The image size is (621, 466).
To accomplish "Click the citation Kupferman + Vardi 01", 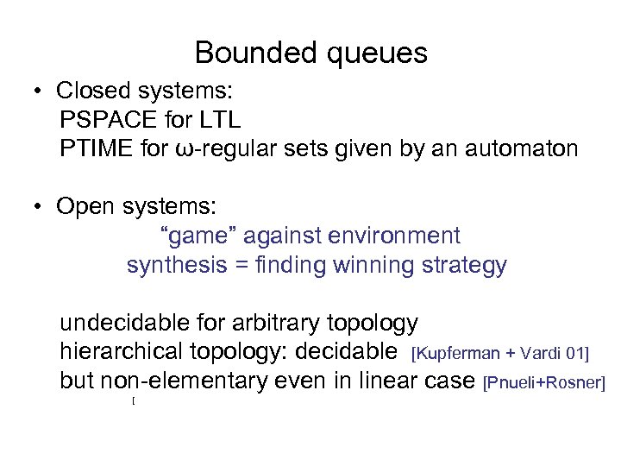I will [x=500, y=353].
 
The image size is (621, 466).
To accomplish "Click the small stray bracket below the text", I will [x=135, y=402].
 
